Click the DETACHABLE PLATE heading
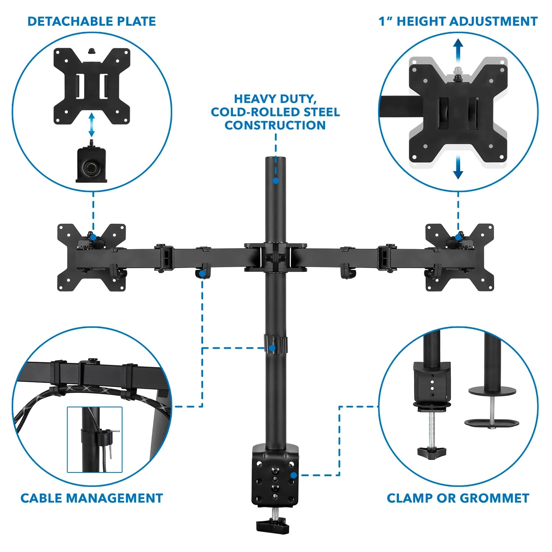[x=92, y=21]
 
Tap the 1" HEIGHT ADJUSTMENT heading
[x=458, y=21]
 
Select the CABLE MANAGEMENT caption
[x=92, y=498]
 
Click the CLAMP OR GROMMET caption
[x=458, y=498]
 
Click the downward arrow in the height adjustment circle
[x=458, y=167]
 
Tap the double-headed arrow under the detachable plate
[x=92, y=125]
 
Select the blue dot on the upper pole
[x=276, y=181]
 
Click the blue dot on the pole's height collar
[x=272, y=348]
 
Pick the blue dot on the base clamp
[x=293, y=475]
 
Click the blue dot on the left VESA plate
[x=93, y=237]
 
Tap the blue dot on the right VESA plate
[x=458, y=237]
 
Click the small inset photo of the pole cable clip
[x=95, y=439]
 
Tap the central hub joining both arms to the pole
[x=275, y=257]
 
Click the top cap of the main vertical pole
[x=276, y=159]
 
